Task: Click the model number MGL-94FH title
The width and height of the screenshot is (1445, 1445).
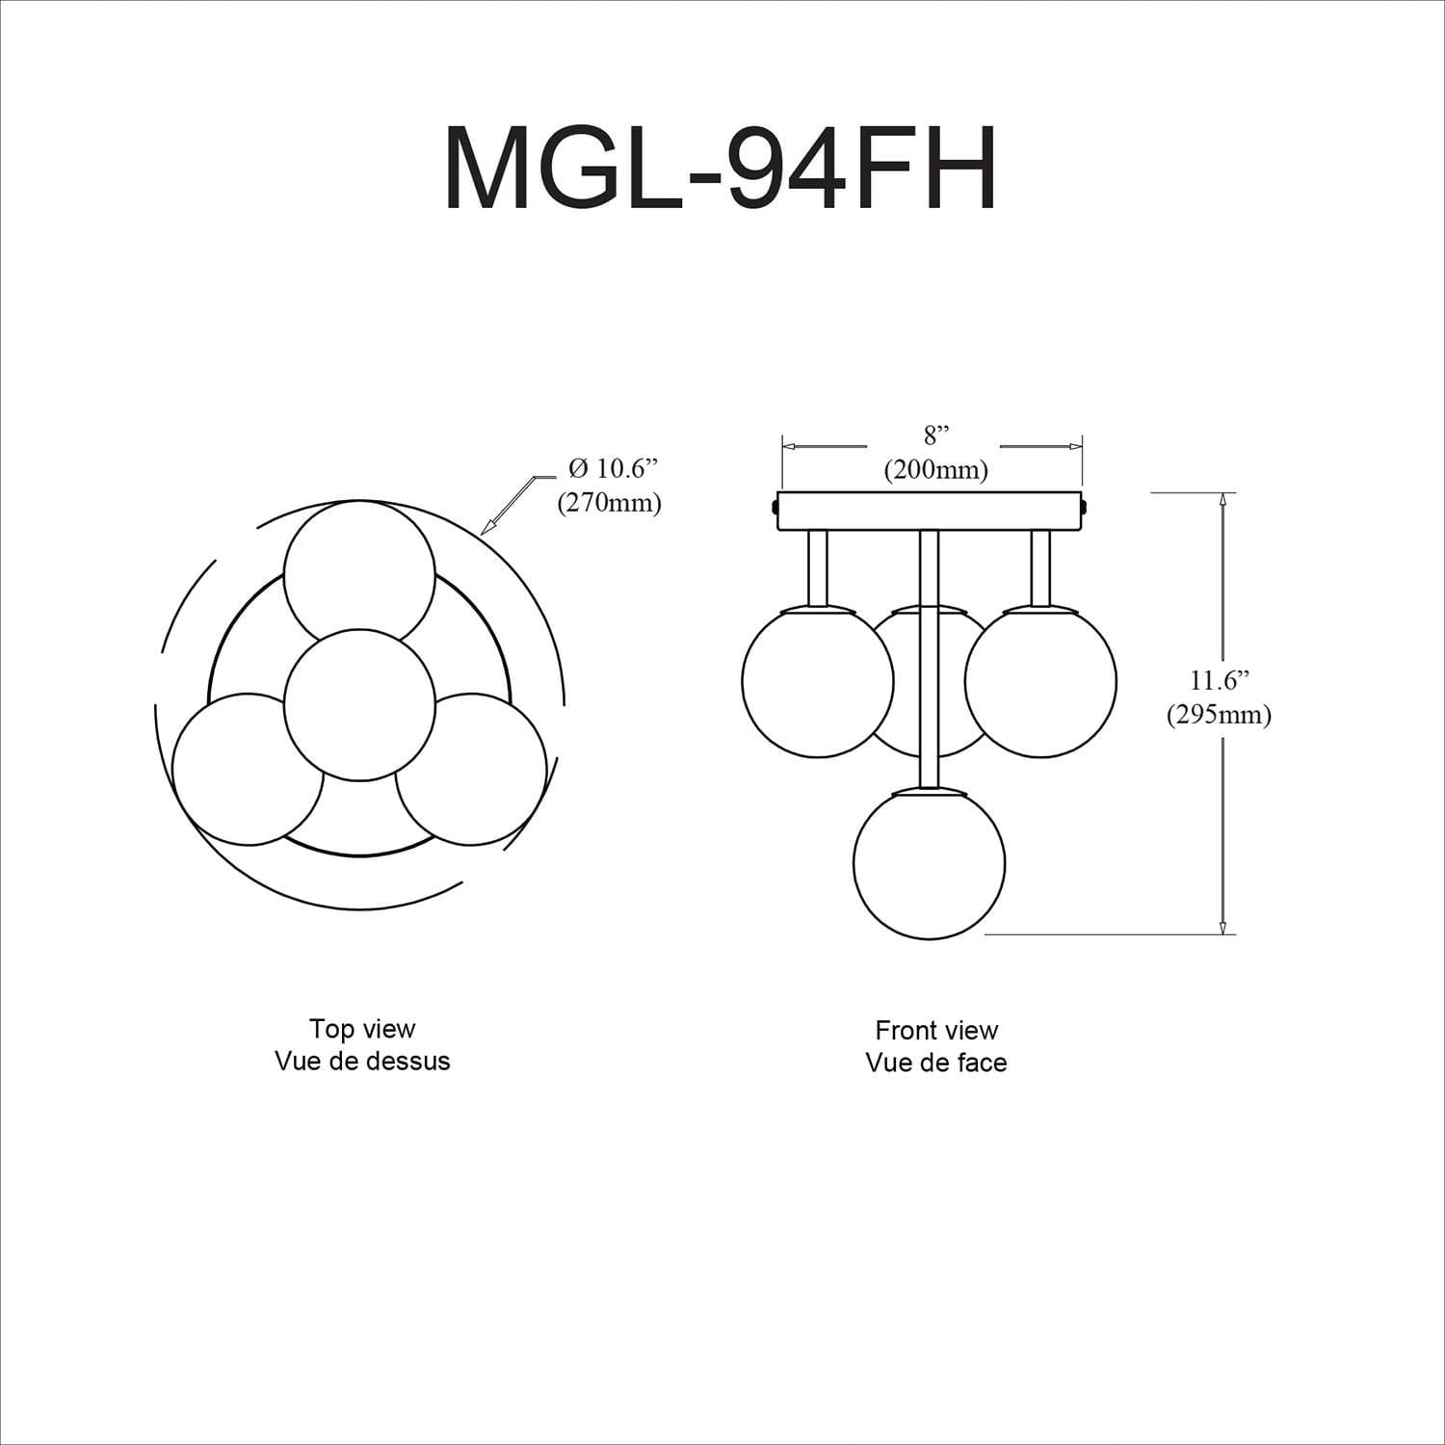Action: pyautogui.click(x=721, y=168)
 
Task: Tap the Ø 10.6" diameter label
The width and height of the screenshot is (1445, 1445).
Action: pyautogui.click(x=613, y=469)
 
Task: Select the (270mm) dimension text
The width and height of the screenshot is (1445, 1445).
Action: pyautogui.click(x=609, y=503)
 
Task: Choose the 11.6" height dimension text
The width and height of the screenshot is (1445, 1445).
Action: pyautogui.click(x=1219, y=680)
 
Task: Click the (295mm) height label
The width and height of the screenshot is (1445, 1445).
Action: pyautogui.click(x=1219, y=715)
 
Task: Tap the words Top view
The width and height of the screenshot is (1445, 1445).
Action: pyautogui.click(x=362, y=1028)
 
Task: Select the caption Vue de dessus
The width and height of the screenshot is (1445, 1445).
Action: pyautogui.click(x=362, y=1061)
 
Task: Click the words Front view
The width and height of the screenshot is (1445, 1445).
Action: pyautogui.click(x=936, y=1030)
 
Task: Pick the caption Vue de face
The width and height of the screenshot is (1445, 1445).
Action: pyautogui.click(x=936, y=1063)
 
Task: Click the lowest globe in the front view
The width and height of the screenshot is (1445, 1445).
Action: pyautogui.click(x=930, y=863)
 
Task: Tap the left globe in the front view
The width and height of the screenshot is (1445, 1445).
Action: pyautogui.click(x=817, y=681)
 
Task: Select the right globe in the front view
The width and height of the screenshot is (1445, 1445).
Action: pyautogui.click(x=1040, y=681)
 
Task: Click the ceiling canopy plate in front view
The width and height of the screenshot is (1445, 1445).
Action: pyautogui.click(x=932, y=511)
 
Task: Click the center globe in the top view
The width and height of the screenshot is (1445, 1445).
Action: pyautogui.click(x=359, y=705)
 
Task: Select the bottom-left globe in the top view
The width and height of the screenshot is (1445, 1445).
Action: pyautogui.click(x=248, y=769)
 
